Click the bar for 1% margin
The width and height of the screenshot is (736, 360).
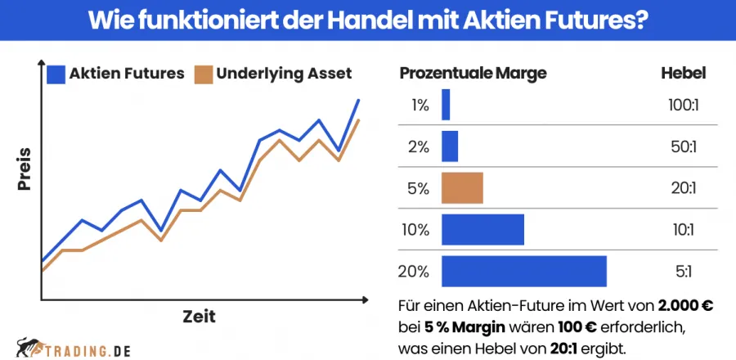tap(446, 105)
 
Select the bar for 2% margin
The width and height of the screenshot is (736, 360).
tap(450, 146)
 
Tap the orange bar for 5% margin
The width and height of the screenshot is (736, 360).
tap(462, 188)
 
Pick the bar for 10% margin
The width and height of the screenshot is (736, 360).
tap(482, 230)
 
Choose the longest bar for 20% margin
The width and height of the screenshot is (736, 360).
tap(523, 272)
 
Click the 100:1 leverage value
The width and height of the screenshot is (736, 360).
tap(683, 105)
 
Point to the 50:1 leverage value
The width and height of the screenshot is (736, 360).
tap(683, 146)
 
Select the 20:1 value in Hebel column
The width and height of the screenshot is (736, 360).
tap(683, 188)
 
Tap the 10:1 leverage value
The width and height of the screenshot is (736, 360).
tap(683, 230)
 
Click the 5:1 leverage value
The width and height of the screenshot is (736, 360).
tap(683, 272)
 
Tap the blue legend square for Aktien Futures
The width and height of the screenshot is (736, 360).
tap(56, 74)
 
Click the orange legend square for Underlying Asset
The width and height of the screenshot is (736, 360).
tap(203, 74)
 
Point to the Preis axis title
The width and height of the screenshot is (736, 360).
tap(25, 169)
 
